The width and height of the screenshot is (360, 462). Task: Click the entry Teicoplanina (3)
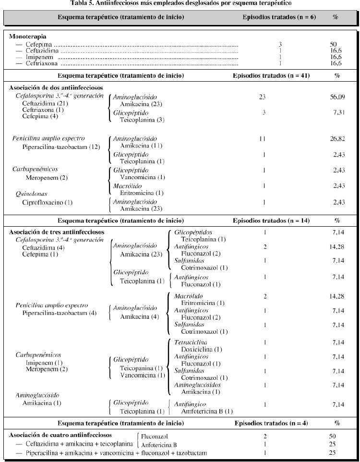(138, 119)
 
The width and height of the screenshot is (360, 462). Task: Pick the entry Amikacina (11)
(137, 145)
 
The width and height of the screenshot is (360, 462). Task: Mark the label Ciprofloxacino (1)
(47, 202)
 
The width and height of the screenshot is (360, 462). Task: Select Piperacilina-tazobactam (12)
(61, 146)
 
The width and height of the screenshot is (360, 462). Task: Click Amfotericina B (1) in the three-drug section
(207, 411)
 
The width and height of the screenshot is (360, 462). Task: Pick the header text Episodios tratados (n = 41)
(272, 75)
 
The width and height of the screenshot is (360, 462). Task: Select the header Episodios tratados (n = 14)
(272, 221)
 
